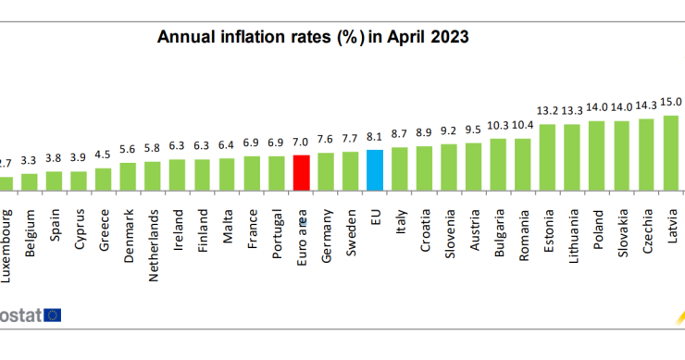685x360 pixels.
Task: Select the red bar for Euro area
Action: [301, 172]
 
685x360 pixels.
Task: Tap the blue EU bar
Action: [375, 169]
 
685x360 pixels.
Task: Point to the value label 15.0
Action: [671, 102]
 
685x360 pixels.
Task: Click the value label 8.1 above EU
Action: [375, 136]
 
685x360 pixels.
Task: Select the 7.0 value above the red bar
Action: [301, 142]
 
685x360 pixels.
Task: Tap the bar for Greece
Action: [104, 179]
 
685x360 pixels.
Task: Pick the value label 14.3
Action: [647, 105]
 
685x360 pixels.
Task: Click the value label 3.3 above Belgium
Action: [30, 160]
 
